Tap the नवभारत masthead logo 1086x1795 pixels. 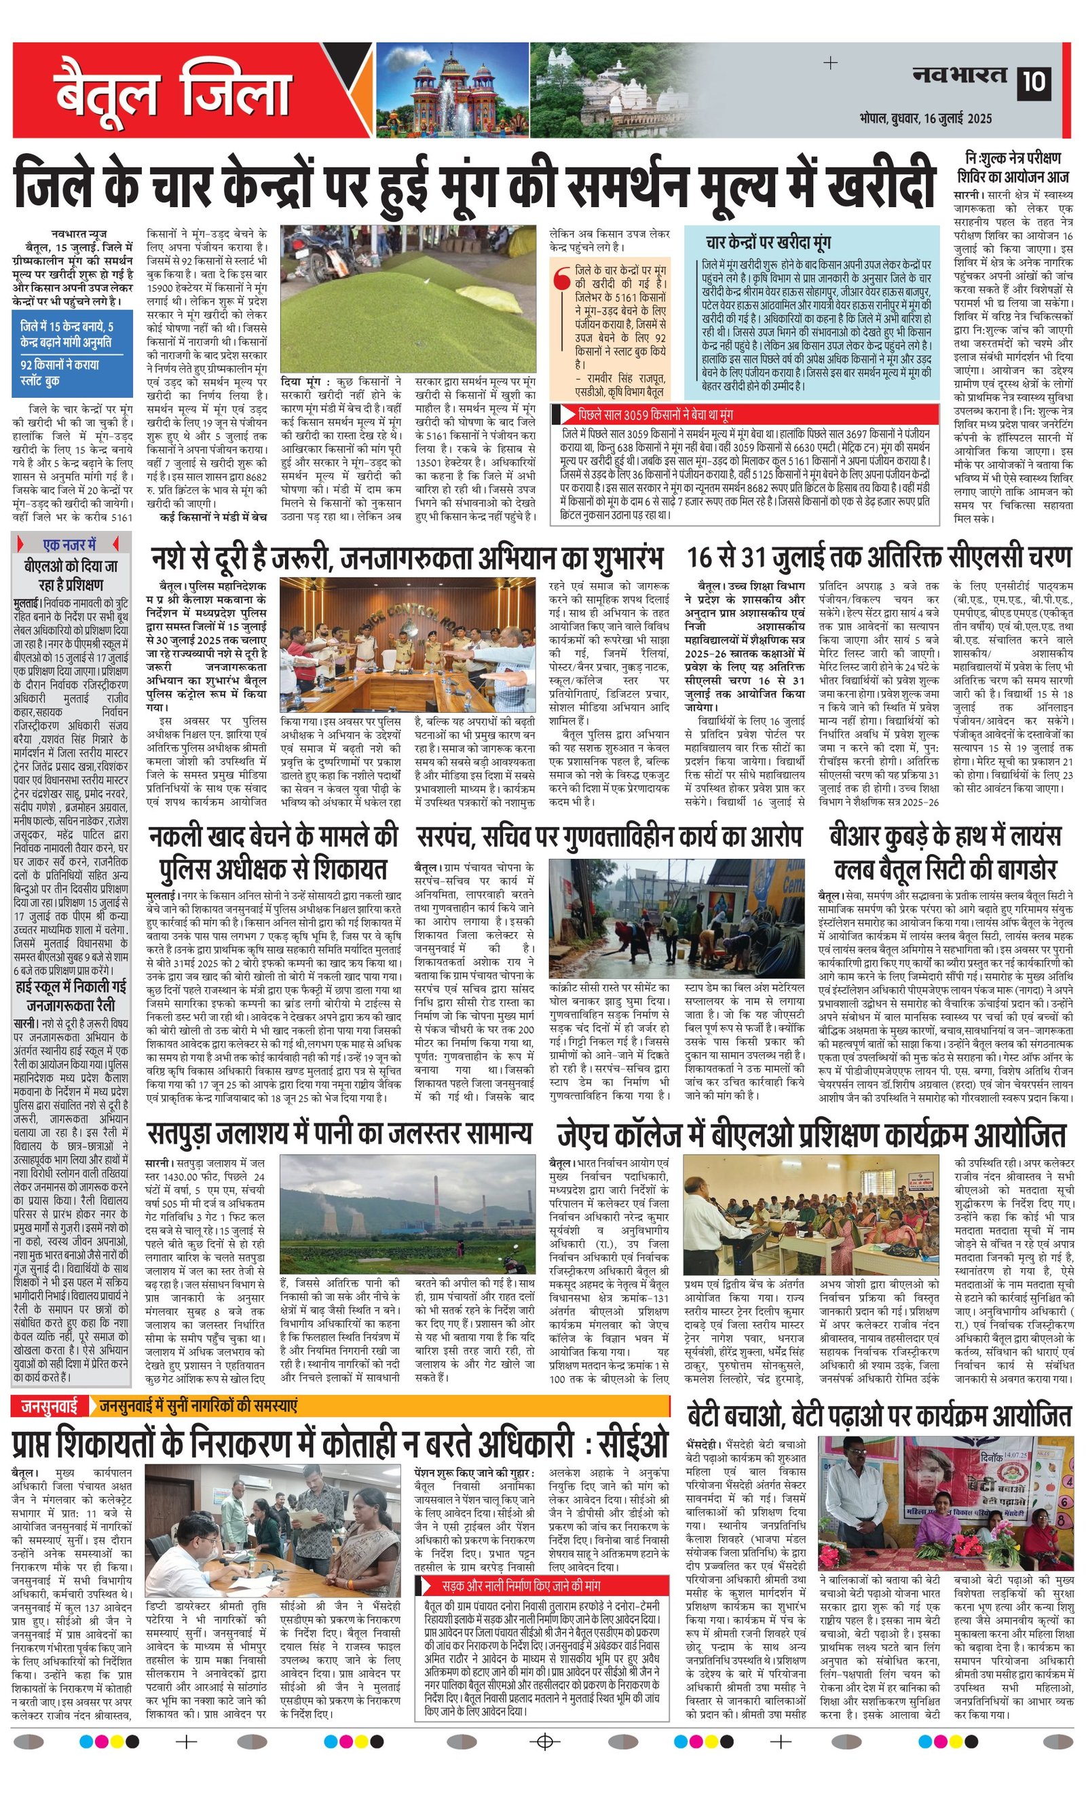(959, 75)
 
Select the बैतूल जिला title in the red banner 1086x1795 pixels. (172, 92)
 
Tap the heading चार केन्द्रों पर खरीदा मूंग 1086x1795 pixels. (768, 242)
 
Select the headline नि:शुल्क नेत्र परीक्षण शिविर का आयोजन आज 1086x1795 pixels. (1013, 167)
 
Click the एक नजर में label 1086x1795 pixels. (70, 544)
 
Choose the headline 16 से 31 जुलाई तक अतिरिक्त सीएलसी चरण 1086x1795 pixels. (879, 558)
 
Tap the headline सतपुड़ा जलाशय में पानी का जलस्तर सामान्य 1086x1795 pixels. (339, 1134)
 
